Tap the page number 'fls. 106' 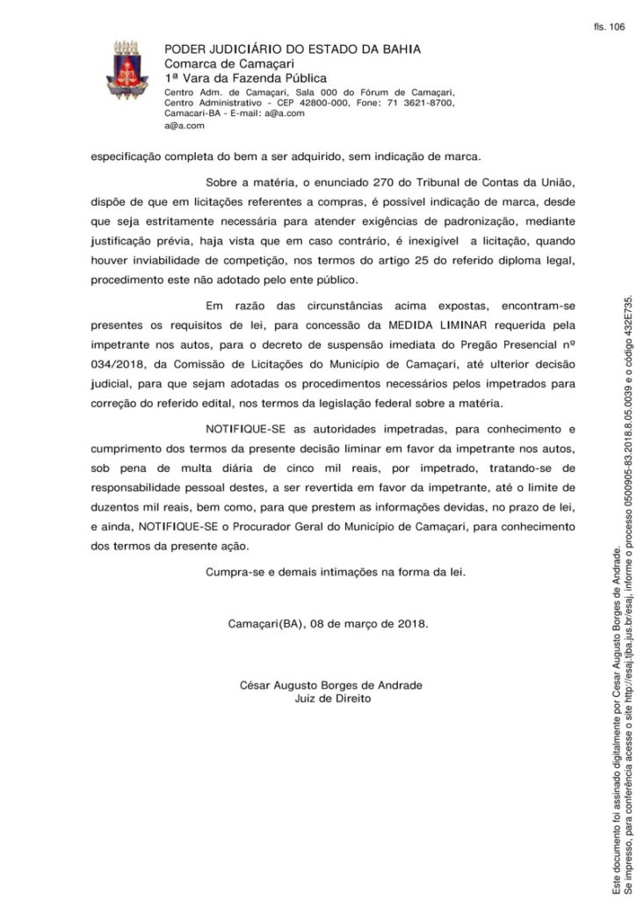(608, 27)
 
